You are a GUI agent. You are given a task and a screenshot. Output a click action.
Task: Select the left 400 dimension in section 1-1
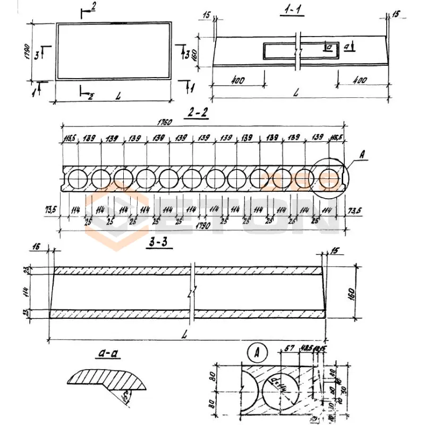(238, 81)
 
